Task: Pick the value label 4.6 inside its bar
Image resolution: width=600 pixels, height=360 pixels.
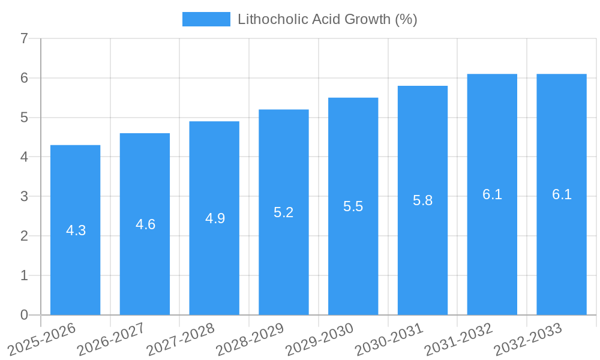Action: [x=145, y=224]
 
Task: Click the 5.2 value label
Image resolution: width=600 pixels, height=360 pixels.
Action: [x=284, y=212]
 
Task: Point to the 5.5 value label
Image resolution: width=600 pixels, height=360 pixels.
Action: [x=353, y=206]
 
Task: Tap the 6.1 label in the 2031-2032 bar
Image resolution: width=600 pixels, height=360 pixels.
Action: [x=492, y=194]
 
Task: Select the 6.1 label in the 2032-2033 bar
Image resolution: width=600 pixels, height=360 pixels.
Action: [x=562, y=194]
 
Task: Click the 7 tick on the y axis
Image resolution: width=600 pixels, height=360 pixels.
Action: [x=24, y=39]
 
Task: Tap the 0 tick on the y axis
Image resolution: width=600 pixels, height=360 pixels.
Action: [x=24, y=315]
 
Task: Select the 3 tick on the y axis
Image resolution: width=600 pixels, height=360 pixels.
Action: [x=24, y=197]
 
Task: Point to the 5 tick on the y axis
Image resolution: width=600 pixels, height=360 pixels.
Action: [x=24, y=118]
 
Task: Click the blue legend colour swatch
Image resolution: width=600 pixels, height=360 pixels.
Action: [x=206, y=19]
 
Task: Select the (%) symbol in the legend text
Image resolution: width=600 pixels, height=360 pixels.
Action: [x=406, y=19]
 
